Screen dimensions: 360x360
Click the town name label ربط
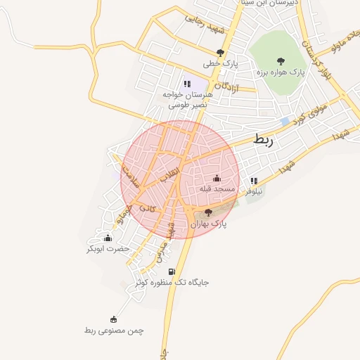point(262,140)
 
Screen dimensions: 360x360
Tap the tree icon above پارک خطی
point(221,52)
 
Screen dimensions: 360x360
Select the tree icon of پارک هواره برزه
point(281,60)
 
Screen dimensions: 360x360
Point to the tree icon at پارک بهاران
point(208,212)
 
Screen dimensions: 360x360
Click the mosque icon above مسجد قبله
point(216,177)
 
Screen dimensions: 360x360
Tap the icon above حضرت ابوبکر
point(108,238)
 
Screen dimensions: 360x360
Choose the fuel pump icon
point(171,271)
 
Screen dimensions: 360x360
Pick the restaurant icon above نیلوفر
point(254,181)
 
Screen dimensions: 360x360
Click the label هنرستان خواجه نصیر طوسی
point(188,98)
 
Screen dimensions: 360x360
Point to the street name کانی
point(147,208)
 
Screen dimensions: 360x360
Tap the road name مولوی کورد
point(308,117)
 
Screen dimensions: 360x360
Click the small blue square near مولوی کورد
point(284,122)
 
